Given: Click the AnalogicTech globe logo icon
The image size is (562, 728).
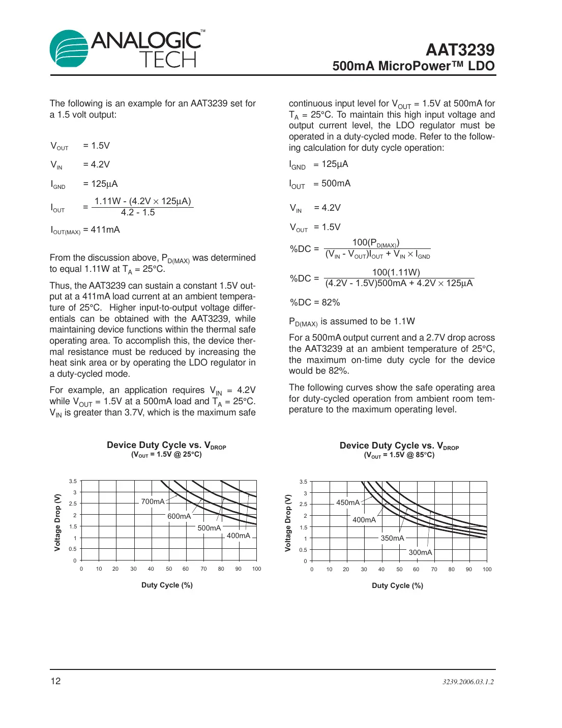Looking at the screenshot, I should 69,48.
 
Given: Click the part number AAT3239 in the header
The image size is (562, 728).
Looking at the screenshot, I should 460,49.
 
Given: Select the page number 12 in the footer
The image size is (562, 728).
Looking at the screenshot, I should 55,681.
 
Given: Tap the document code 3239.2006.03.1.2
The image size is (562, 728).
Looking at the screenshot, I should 468,682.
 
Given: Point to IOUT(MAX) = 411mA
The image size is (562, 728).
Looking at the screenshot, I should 85,230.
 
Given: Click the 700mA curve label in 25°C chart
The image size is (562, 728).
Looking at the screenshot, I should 153,501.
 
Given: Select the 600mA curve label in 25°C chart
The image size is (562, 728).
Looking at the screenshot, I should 179,516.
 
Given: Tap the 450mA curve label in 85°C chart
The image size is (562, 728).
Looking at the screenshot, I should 348,502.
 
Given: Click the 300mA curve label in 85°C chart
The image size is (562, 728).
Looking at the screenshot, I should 420,552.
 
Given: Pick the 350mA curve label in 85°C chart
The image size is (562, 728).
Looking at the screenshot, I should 392,538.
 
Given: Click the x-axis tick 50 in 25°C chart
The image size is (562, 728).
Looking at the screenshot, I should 169,569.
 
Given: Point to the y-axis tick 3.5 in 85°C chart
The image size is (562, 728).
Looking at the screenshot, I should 303,482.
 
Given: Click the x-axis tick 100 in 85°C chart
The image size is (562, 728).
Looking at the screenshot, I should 487,570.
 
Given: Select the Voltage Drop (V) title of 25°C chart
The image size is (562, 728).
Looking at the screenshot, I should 57,522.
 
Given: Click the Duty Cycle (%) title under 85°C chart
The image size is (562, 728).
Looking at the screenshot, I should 397,585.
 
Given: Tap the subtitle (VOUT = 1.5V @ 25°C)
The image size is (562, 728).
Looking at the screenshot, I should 166,455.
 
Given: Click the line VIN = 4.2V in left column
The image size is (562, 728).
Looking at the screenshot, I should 80,164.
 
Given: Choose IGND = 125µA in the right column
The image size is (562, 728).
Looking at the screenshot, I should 318,164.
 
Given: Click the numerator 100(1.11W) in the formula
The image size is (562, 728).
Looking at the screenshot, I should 396,272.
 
